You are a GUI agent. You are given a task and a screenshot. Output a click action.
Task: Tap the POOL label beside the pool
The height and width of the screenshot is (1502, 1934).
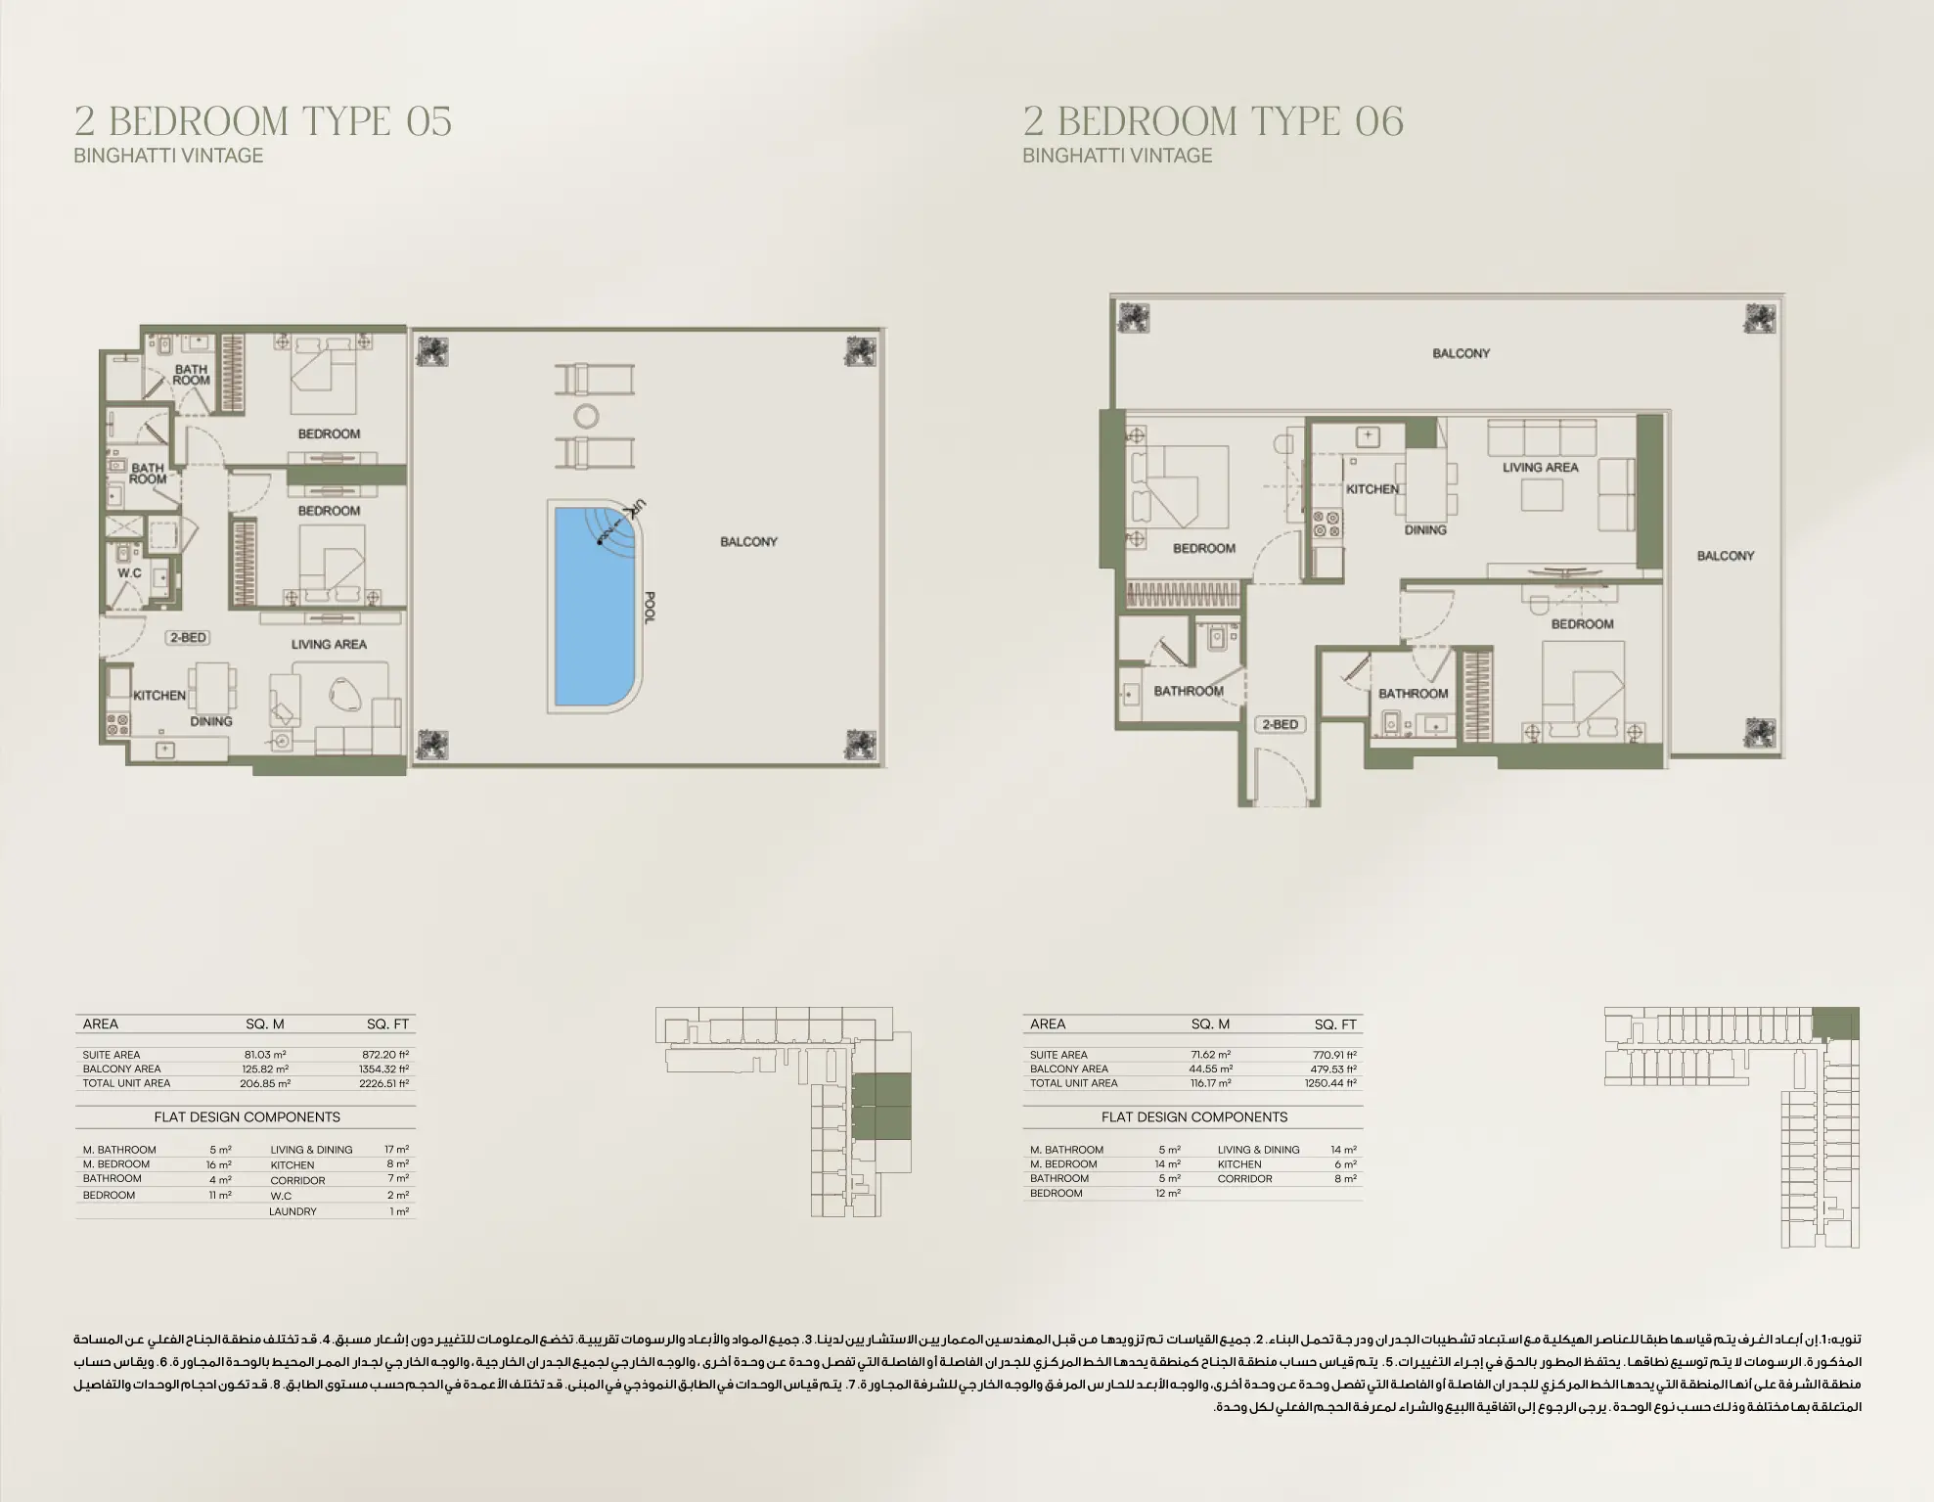(x=650, y=608)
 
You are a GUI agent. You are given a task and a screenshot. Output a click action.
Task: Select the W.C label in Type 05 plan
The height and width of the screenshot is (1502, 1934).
(x=129, y=573)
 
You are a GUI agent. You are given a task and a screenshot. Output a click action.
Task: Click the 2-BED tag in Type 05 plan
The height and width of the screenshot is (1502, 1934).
(x=188, y=638)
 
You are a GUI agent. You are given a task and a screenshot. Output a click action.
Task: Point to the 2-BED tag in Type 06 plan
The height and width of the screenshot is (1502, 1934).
(x=1280, y=725)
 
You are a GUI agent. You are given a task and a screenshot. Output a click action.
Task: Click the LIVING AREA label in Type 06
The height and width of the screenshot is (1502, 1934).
(x=1540, y=468)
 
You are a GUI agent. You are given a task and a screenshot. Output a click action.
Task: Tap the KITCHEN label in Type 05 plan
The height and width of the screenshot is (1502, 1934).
(x=159, y=696)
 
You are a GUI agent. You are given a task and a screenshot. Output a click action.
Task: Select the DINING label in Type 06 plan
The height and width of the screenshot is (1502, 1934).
(x=1424, y=530)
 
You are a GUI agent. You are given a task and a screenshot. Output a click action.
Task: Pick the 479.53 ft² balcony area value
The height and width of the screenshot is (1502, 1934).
(x=1334, y=1070)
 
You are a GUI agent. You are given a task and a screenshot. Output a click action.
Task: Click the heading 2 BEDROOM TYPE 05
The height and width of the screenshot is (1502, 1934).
(x=263, y=121)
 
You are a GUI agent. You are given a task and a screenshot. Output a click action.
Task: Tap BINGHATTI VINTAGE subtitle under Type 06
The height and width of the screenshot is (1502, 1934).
(x=1117, y=156)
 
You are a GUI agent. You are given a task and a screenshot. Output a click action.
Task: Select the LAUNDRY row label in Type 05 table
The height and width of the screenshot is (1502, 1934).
(x=292, y=1211)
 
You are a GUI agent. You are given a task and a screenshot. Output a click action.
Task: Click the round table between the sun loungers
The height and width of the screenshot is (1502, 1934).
(x=586, y=417)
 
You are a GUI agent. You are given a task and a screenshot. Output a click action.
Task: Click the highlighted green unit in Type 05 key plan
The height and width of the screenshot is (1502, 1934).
(x=880, y=1106)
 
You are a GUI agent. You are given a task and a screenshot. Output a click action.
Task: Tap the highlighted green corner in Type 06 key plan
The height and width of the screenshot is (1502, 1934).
(x=1836, y=1024)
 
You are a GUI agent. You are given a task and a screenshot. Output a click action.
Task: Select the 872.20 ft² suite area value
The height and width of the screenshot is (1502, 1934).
(x=385, y=1055)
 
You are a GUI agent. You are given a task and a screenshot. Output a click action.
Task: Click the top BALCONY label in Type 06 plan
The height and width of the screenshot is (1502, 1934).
(x=1461, y=353)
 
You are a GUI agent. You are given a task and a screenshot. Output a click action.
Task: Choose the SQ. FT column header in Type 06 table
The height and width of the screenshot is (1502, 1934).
(x=1334, y=1024)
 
